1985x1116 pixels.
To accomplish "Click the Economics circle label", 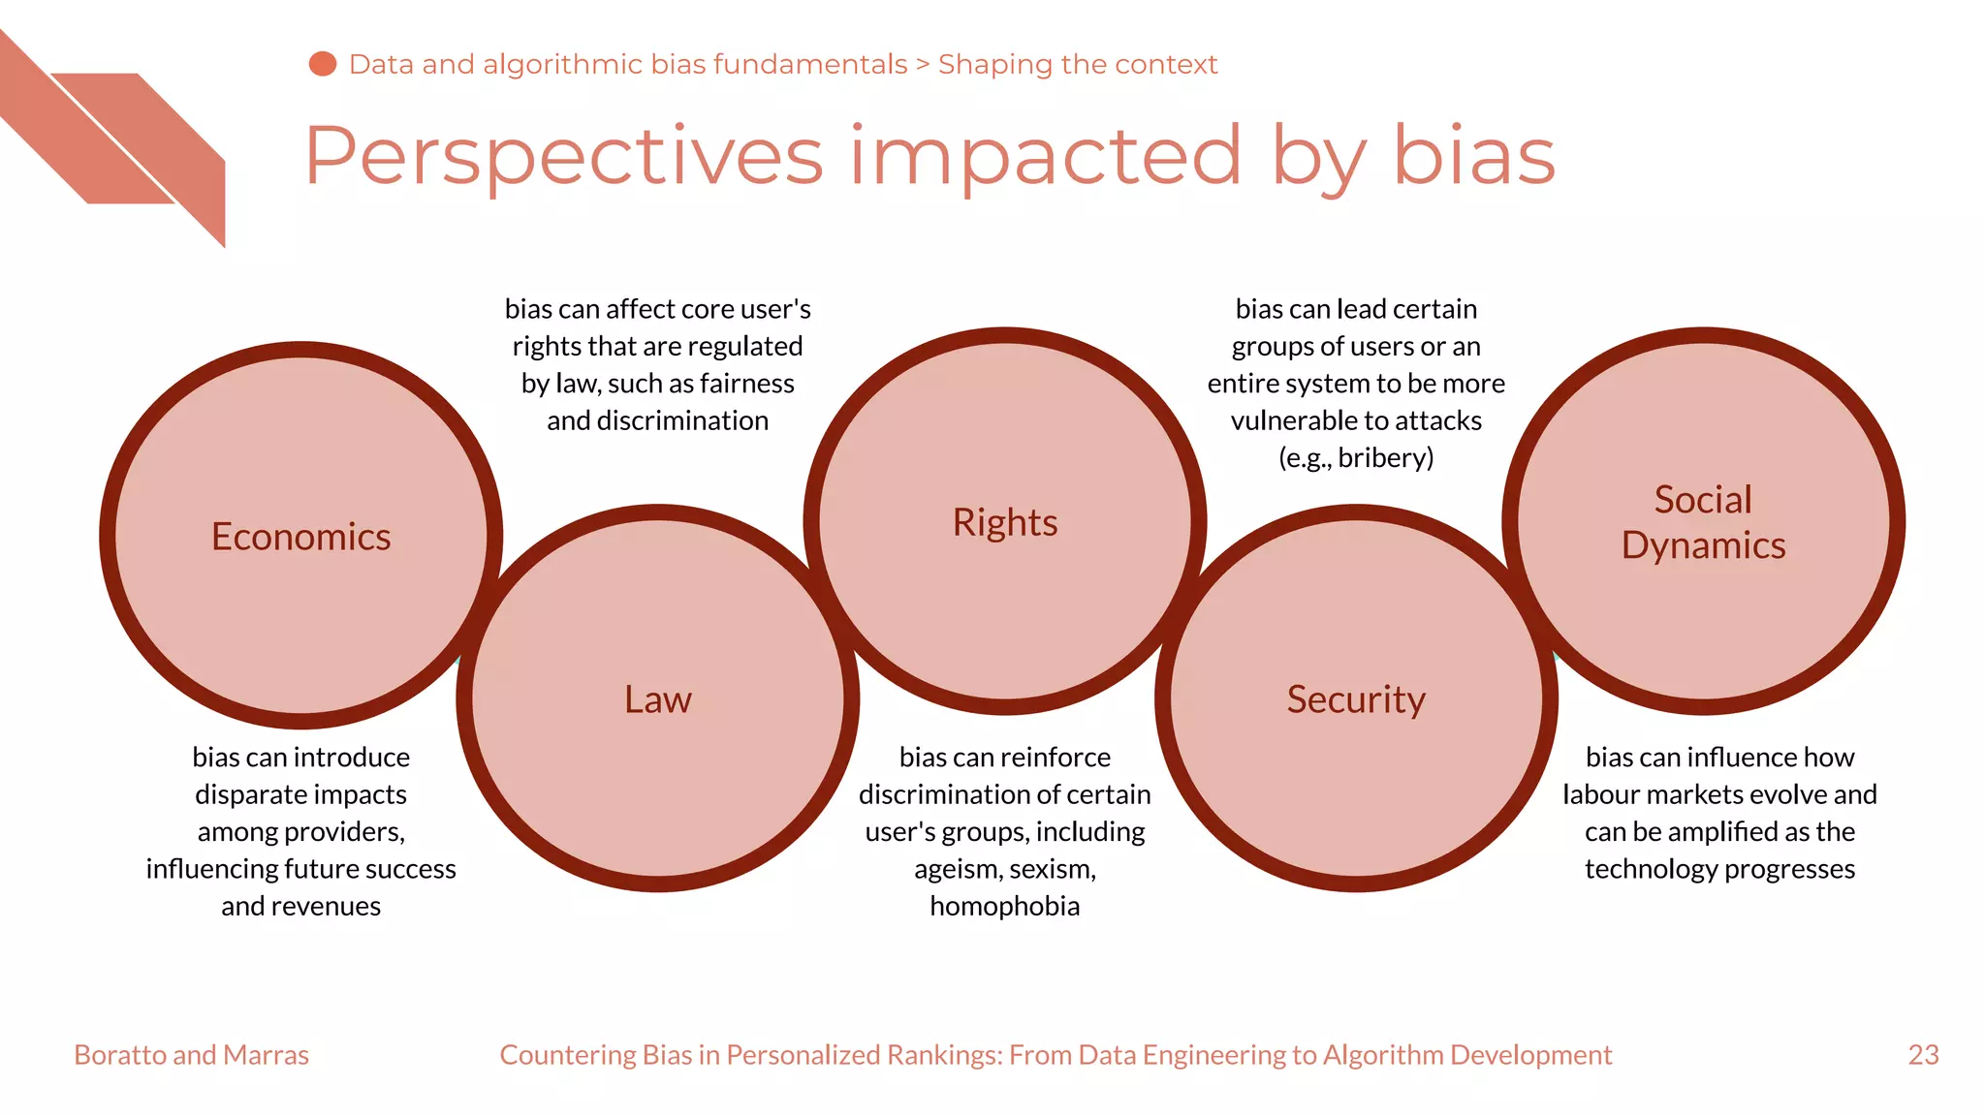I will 300,537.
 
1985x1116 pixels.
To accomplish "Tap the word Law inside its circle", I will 657,699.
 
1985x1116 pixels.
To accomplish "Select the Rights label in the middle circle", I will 1004,522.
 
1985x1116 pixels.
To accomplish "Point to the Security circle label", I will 1355,699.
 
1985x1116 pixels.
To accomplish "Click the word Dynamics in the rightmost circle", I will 1703,545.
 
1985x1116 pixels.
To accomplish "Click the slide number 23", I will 1923,1054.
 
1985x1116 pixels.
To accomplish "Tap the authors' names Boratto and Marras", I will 191,1054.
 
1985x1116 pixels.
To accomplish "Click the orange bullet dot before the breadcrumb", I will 323,64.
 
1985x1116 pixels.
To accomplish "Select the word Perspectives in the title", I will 563,157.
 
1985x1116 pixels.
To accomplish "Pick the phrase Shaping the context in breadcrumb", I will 1077,64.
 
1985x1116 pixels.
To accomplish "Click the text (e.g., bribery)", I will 1355,457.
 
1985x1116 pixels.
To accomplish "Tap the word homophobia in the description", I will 1004,906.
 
